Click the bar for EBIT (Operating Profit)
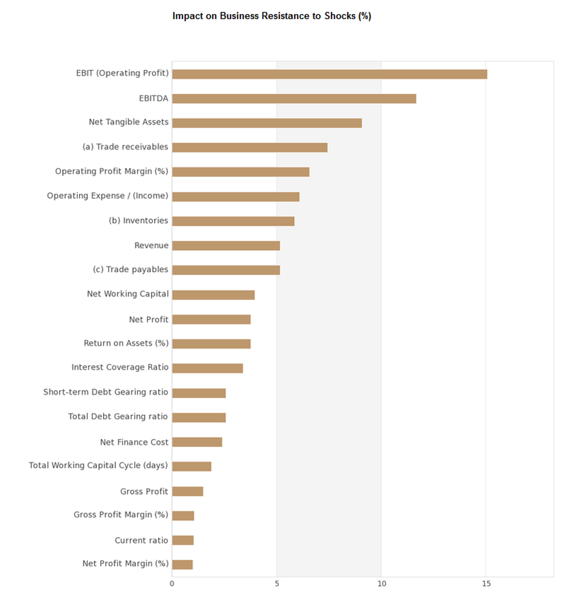point(329,74)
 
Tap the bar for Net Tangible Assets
point(266,123)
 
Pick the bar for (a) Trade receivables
point(250,147)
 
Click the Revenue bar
point(226,245)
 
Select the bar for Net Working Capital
point(213,295)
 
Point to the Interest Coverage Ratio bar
point(207,368)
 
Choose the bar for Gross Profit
point(188,491)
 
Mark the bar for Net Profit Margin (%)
point(182,564)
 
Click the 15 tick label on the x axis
point(486,584)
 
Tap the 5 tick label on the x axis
point(277,584)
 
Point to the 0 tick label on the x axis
point(172,584)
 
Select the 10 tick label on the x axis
point(381,584)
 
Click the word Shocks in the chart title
point(340,16)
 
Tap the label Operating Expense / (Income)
point(107,196)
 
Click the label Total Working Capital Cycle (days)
point(99,465)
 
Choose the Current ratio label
point(141,540)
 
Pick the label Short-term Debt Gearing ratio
point(106,392)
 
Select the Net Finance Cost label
point(134,442)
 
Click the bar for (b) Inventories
point(233,221)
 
